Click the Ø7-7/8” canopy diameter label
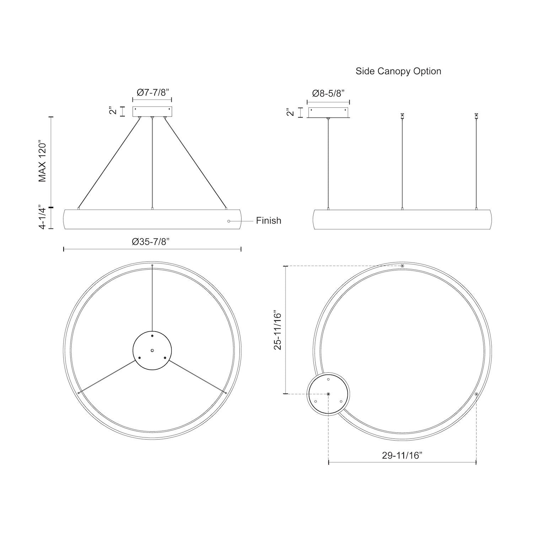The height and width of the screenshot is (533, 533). (152, 92)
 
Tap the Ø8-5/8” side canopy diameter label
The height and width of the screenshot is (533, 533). (328, 93)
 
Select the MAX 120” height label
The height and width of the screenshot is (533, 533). (43, 162)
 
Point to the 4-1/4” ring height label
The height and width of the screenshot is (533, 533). (43, 217)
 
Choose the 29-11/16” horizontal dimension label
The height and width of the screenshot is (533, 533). (402, 456)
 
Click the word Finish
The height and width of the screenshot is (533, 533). (269, 221)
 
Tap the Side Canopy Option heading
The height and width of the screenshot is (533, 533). (398, 71)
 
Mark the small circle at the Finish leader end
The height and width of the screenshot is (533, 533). (228, 221)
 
